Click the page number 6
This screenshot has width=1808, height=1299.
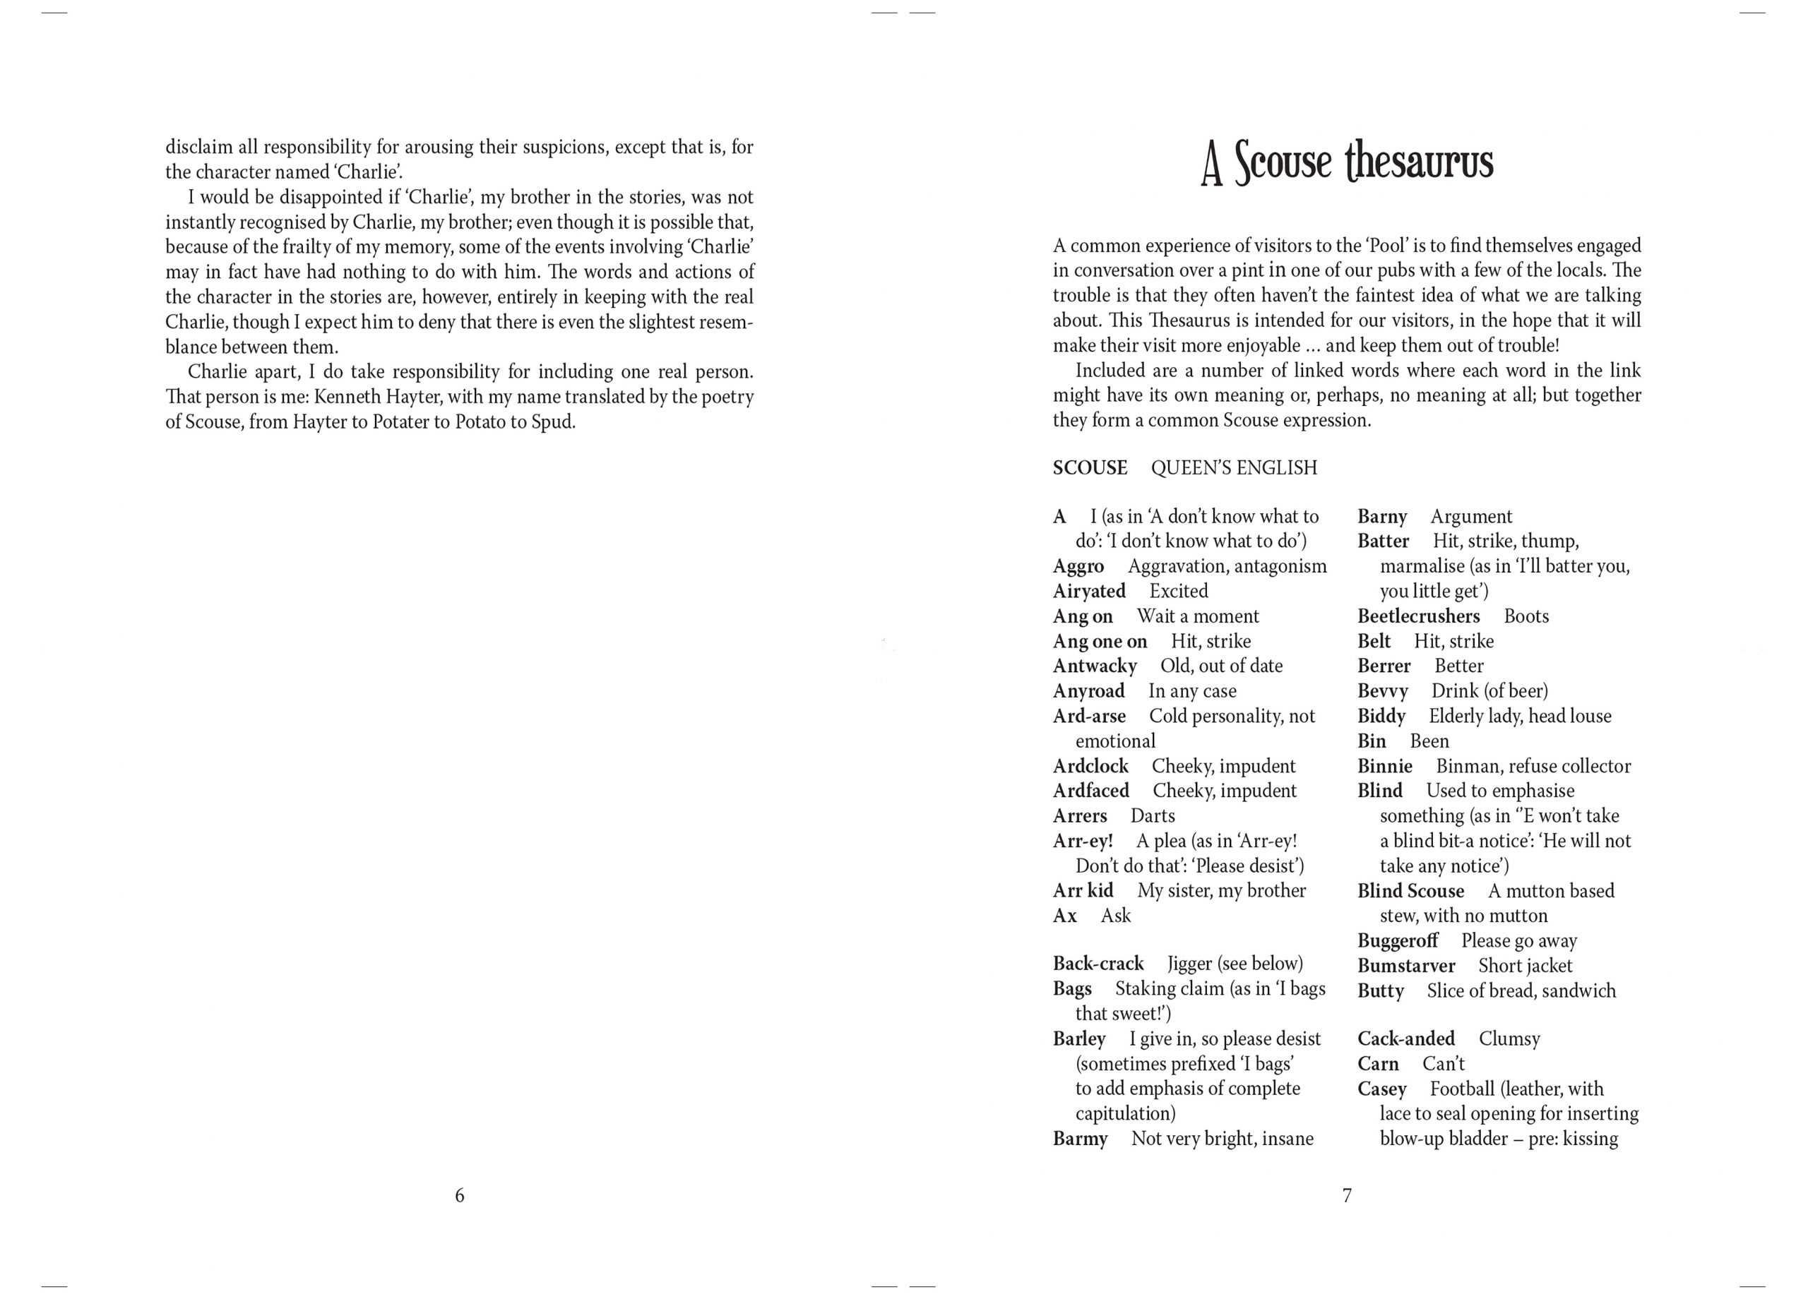pyautogui.click(x=459, y=1195)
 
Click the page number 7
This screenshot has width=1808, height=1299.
pyautogui.click(x=1348, y=1195)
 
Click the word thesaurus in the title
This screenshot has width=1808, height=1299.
pyautogui.click(x=1418, y=162)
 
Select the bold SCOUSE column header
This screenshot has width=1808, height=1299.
pyautogui.click(x=1090, y=468)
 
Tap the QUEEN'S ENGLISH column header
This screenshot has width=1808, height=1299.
pyautogui.click(x=1234, y=468)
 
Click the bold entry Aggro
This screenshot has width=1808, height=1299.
pyautogui.click(x=1078, y=567)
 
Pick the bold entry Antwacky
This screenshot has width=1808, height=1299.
pyautogui.click(x=1095, y=666)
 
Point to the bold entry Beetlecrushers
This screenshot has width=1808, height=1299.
pyautogui.click(x=1418, y=617)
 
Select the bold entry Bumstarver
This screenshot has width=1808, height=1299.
pyautogui.click(x=1406, y=966)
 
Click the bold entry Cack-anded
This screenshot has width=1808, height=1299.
pyautogui.click(x=1406, y=1039)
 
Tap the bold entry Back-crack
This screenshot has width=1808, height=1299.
pyautogui.click(x=1098, y=964)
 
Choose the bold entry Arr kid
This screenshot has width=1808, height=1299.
pyautogui.click(x=1083, y=891)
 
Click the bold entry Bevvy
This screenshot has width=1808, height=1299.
pyautogui.click(x=1382, y=692)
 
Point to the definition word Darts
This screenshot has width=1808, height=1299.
pyautogui.click(x=1153, y=816)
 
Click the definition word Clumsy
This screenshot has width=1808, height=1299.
pyautogui.click(x=1509, y=1039)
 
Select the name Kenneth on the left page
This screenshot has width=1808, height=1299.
pyautogui.click(x=349, y=397)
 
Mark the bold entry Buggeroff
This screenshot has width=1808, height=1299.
pyautogui.click(x=1398, y=941)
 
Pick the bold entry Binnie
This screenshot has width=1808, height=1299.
pyautogui.click(x=1385, y=767)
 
